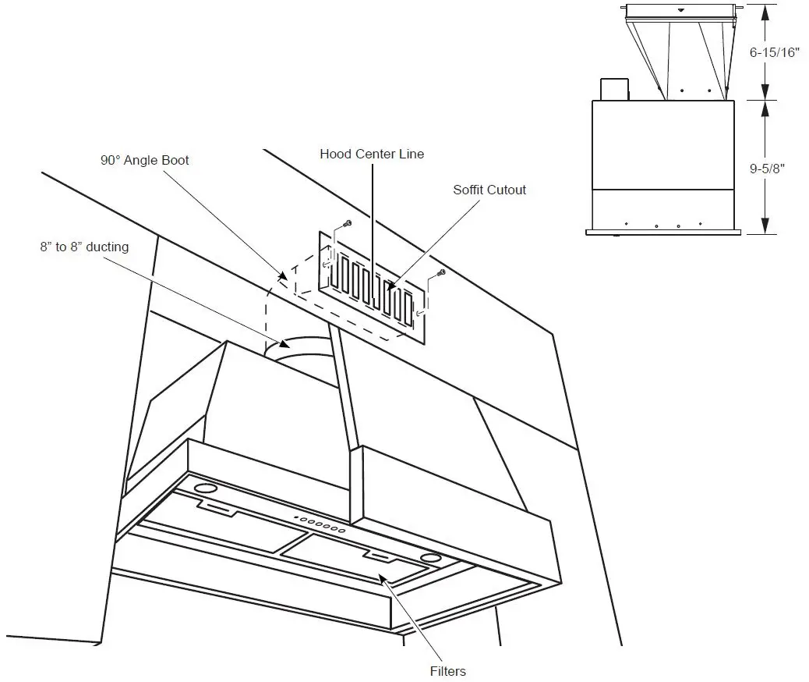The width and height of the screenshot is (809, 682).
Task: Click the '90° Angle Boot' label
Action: [x=144, y=160]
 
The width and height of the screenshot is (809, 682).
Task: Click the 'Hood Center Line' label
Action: [x=372, y=154]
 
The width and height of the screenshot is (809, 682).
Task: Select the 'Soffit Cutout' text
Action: [x=489, y=190]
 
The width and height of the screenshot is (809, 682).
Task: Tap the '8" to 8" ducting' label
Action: [x=83, y=247]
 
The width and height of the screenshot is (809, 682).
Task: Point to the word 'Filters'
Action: [x=447, y=671]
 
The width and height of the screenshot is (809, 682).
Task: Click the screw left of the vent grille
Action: [x=347, y=224]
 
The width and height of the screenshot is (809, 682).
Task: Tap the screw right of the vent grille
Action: [x=440, y=272]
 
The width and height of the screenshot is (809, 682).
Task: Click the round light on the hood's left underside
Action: [x=204, y=488]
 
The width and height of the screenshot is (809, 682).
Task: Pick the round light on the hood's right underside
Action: [x=429, y=557]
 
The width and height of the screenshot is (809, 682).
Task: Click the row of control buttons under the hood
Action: [x=319, y=524]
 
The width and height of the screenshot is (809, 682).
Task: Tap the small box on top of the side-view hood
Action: [x=614, y=89]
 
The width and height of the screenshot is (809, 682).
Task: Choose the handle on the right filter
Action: [x=381, y=556]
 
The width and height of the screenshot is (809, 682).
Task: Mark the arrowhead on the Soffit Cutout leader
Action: [x=393, y=286]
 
